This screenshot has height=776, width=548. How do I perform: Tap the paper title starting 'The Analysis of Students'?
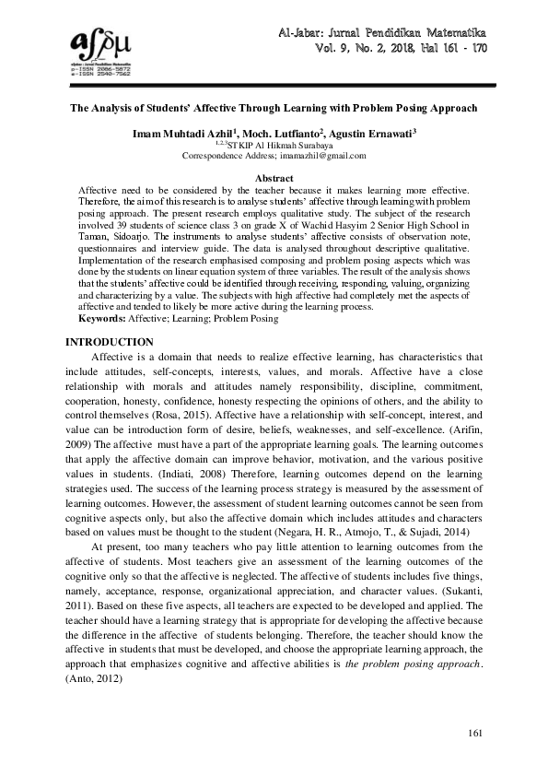[274, 108]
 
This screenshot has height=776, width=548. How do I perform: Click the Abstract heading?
[274, 178]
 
